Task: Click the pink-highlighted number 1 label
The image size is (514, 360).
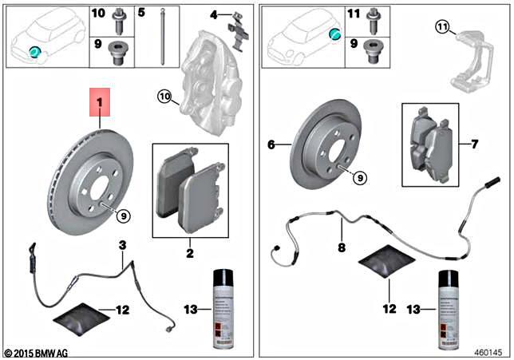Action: (100, 103)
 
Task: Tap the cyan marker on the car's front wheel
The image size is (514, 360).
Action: (34, 51)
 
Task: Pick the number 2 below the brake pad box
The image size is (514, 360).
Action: (190, 251)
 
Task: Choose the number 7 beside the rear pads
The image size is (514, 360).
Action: (475, 144)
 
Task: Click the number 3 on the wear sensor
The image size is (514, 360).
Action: (123, 245)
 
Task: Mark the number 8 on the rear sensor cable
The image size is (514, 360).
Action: (341, 247)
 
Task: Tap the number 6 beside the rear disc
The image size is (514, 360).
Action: (271, 144)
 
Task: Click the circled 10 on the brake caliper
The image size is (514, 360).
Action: (164, 97)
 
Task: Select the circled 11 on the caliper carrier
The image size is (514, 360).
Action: (442, 29)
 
